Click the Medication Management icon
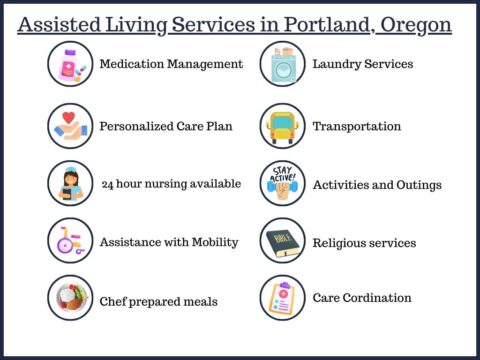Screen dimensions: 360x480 71,64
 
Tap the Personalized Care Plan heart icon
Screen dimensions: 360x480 71,127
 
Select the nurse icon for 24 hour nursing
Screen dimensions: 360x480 71,184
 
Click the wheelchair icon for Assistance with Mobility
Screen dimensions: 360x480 71,241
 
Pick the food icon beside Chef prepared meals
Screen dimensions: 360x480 71,299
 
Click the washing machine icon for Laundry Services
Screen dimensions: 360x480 282,64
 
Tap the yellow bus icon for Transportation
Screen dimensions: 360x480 282,127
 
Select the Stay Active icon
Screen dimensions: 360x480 282,184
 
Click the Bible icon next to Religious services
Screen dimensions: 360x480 282,241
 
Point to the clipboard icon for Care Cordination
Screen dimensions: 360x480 282,297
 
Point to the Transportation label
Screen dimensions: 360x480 357,127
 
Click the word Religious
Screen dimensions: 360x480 340,243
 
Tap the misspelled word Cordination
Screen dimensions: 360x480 375,298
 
